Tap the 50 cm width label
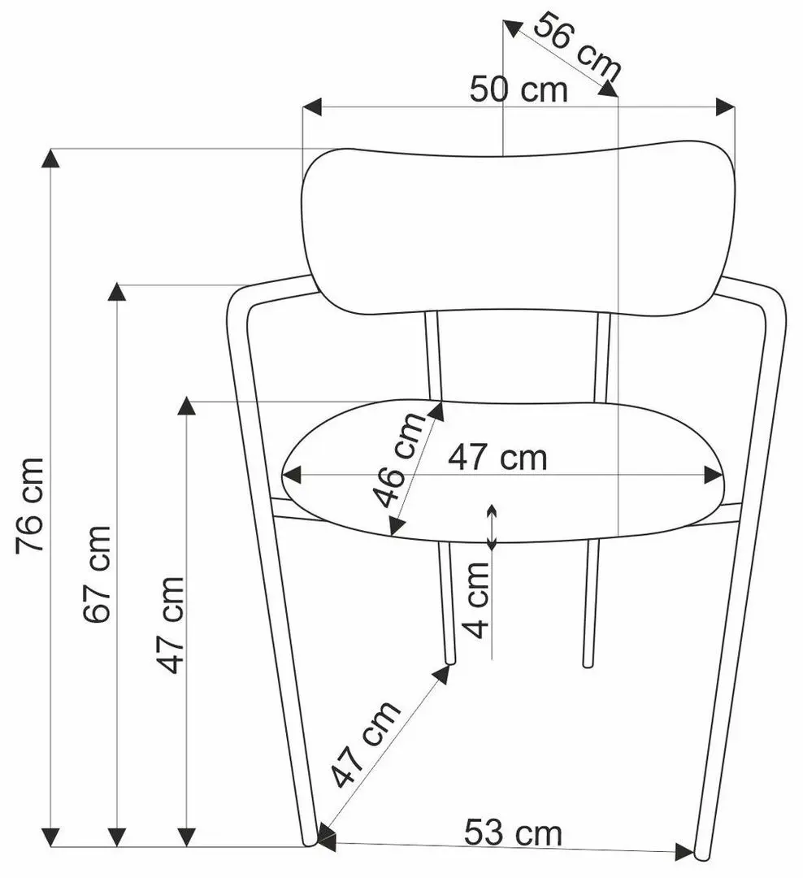(x=519, y=90)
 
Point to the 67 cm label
(x=97, y=574)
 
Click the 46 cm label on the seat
(x=399, y=459)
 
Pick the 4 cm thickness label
(x=476, y=600)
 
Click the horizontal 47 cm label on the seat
(x=497, y=458)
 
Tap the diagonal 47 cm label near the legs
(x=365, y=743)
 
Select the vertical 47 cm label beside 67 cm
(x=170, y=624)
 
